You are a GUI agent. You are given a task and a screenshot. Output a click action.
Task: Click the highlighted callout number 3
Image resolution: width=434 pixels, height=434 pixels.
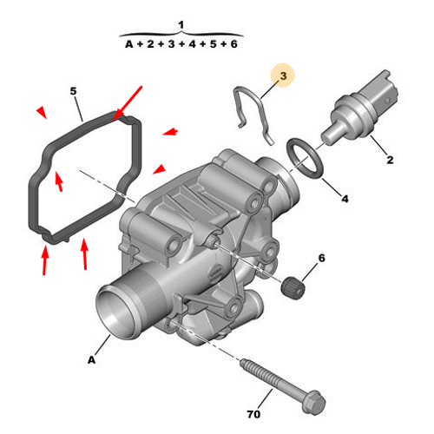[x=283, y=76]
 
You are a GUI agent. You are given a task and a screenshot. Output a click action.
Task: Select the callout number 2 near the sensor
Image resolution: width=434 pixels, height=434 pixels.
[x=390, y=160]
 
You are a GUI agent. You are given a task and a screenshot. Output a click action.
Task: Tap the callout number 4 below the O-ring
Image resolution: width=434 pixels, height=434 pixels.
[x=345, y=199]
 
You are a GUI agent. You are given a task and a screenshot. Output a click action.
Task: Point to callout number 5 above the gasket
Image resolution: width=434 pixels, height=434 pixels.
[x=74, y=91]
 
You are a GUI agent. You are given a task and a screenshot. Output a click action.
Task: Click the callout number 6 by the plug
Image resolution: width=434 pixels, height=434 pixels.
[x=320, y=258]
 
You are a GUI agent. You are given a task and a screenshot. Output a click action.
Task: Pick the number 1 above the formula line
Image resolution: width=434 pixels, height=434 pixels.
[x=181, y=23]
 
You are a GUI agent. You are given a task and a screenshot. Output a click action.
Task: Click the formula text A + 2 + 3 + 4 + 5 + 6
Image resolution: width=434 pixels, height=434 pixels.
[x=181, y=43]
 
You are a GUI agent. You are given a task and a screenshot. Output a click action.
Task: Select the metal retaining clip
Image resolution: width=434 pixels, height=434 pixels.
[x=253, y=113]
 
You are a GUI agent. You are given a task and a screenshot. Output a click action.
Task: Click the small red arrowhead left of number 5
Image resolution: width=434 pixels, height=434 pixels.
[x=41, y=111]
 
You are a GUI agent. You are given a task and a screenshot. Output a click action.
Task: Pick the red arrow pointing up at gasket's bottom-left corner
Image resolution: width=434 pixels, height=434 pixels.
[x=44, y=260]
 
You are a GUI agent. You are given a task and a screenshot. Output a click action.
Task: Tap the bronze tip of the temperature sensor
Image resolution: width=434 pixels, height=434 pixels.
[x=330, y=135]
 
